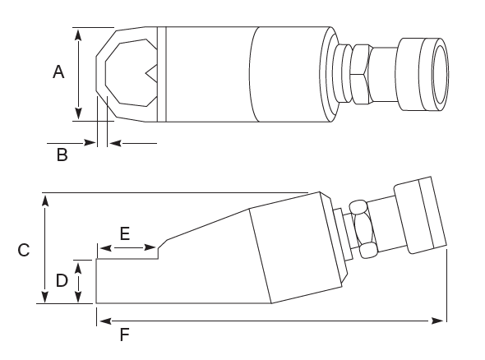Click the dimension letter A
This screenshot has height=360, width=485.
[x=58, y=73]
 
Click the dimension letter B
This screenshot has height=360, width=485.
[x=62, y=154]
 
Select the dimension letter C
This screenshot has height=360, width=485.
[x=24, y=250]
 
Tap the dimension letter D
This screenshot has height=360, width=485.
[x=61, y=281]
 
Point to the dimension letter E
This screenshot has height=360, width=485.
[x=125, y=233]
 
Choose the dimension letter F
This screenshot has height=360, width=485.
[x=124, y=335]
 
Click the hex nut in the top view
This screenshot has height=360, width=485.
[x=359, y=73]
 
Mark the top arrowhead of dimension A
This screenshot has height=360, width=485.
[x=77, y=33]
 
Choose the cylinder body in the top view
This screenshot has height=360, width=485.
[x=247, y=73]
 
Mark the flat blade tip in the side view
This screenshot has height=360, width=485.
[x=127, y=280]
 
